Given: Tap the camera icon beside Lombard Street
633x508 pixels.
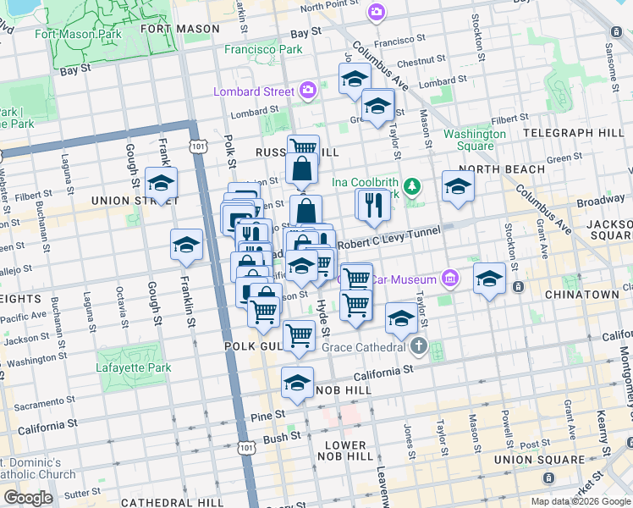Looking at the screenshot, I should [x=306, y=91].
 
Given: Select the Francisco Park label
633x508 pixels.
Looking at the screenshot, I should [x=263, y=50].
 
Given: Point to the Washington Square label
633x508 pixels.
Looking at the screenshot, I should [x=475, y=140].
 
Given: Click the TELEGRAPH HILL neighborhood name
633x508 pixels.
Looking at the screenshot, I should [x=576, y=134].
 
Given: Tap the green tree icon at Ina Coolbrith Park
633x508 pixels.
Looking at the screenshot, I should [x=412, y=185].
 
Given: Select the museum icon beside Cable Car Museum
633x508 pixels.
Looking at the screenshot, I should [x=450, y=279].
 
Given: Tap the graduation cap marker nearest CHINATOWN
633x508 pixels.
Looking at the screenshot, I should [x=489, y=278].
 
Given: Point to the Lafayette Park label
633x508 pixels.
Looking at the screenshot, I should [x=133, y=368].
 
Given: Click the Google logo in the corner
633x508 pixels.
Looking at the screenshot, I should [x=28, y=498].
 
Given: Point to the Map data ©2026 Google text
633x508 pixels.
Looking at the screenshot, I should [x=581, y=501].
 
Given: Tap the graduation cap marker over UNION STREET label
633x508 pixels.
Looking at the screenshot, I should [x=161, y=182].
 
